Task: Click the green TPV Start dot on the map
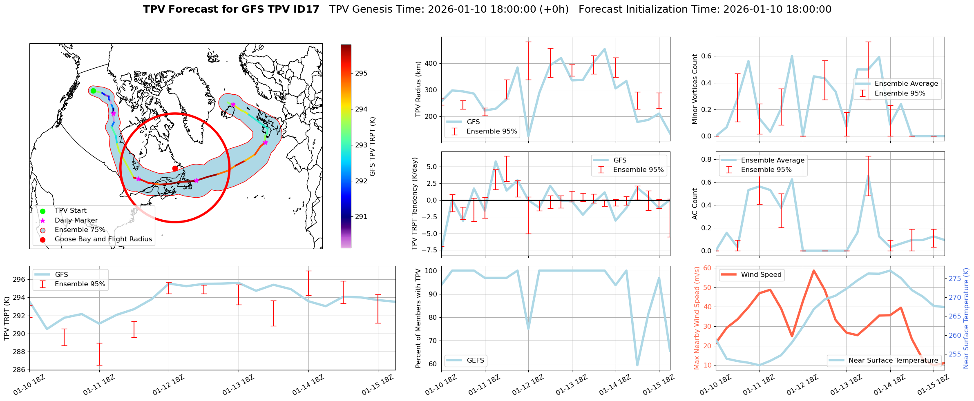pyautogui.click(x=93, y=91)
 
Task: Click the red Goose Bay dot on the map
pyautogui.click(x=175, y=168)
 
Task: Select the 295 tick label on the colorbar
pyautogui.click(x=361, y=74)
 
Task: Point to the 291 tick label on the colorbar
pyautogui.click(x=361, y=217)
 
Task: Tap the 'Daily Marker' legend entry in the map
pyautogui.click(x=76, y=221)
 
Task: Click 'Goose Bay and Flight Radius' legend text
pyautogui.click(x=103, y=239)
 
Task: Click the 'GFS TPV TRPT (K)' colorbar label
pyautogui.click(x=372, y=147)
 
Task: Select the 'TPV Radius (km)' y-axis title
pyautogui.click(x=418, y=89)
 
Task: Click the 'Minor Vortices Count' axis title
pyautogui.click(x=695, y=89)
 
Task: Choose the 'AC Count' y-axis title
pyautogui.click(x=695, y=204)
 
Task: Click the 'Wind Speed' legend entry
pyautogui.click(x=761, y=275)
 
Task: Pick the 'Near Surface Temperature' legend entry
pyautogui.click(x=893, y=361)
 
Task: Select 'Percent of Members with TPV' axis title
pyautogui.click(x=418, y=318)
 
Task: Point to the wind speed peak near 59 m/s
pyautogui.click(x=813, y=270)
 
